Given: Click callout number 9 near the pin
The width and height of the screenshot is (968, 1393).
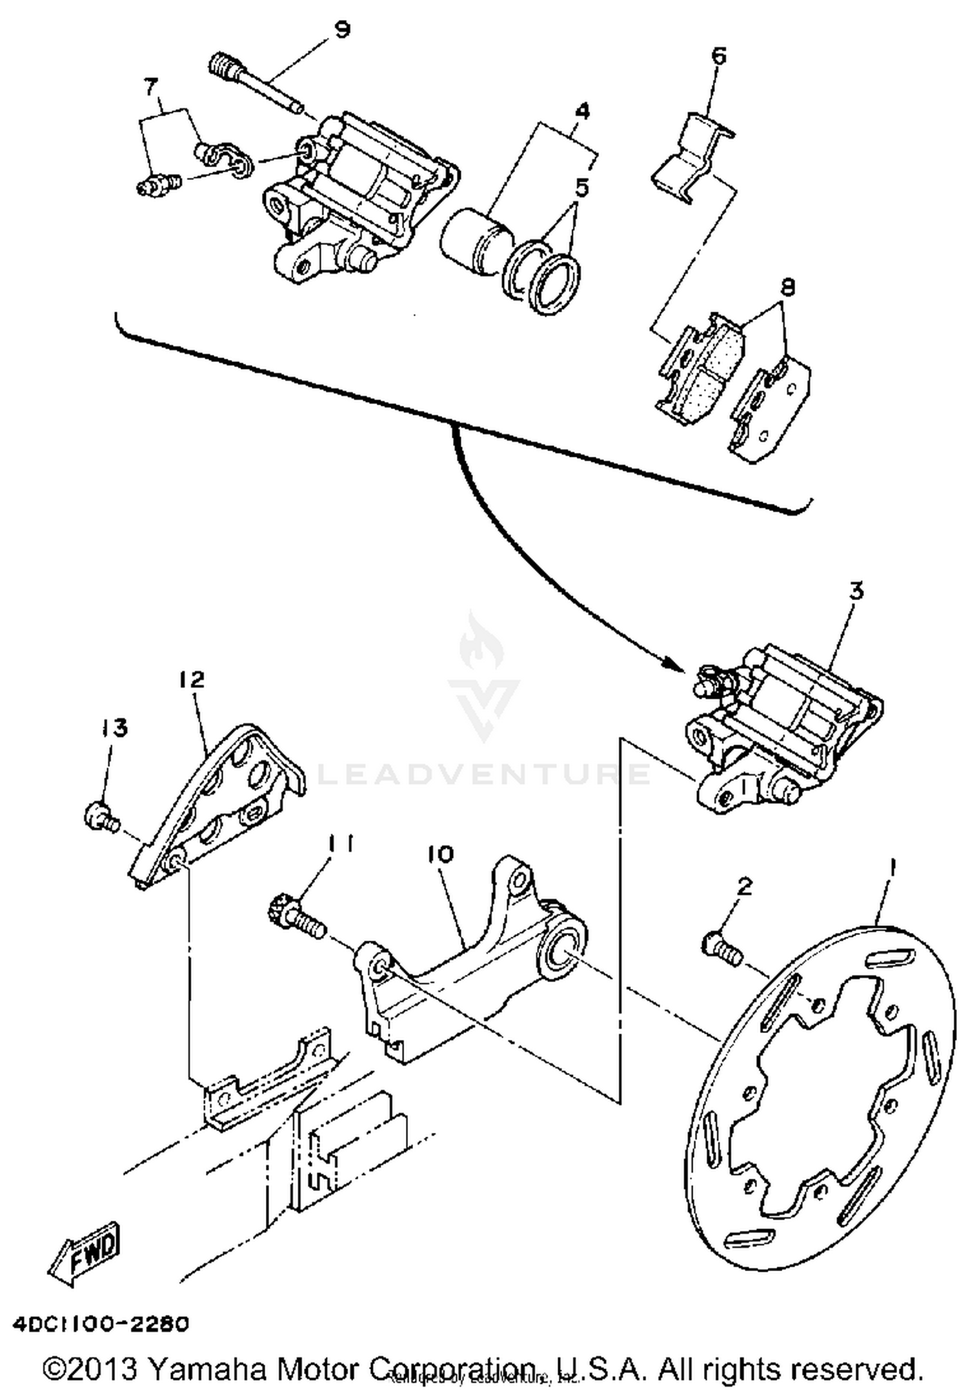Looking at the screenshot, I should tap(343, 30).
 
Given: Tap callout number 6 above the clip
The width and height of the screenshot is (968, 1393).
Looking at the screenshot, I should tap(718, 56).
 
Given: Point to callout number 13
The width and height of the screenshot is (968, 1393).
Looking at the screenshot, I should tap(114, 728).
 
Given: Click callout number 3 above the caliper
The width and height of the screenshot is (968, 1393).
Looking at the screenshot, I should tap(856, 592).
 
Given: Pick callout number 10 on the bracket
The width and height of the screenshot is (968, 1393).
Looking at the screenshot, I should tap(440, 855).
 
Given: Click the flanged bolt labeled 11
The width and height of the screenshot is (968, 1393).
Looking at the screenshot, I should tap(296, 917).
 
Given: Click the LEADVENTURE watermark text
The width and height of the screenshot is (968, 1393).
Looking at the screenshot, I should tap(484, 774).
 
